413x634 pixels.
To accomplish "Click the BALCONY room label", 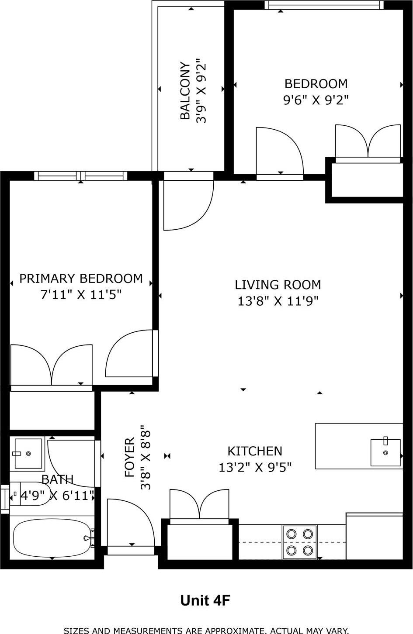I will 185,91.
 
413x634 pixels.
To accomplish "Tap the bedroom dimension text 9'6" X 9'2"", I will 316,100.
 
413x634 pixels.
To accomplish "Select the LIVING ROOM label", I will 278,285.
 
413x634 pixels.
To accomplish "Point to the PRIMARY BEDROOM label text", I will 81,279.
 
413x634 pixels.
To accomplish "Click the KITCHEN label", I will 255,451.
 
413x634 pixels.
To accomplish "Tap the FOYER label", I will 130,457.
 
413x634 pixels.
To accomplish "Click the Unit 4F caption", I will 205,601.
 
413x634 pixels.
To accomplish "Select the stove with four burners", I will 299,541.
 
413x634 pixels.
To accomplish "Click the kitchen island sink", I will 385,452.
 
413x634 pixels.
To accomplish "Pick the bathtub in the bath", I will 52,538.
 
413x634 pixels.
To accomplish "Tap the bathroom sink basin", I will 28,453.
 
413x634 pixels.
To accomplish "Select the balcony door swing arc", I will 188,205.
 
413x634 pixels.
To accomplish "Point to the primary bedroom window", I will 80,176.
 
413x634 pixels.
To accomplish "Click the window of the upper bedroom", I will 323,5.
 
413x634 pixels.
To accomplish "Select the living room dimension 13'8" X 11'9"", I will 278,301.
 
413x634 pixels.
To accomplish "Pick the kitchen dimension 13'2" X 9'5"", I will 255,468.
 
